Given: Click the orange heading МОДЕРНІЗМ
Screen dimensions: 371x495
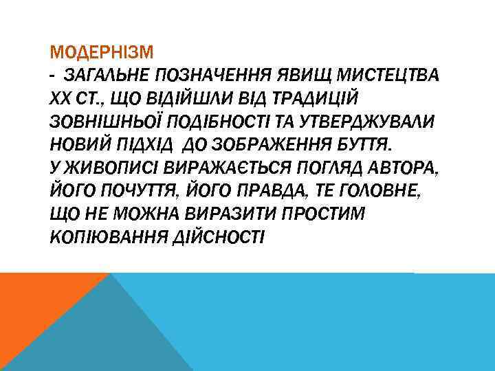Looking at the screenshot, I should pos(102,52).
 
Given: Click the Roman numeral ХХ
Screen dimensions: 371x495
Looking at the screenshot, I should pos(60,98).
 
